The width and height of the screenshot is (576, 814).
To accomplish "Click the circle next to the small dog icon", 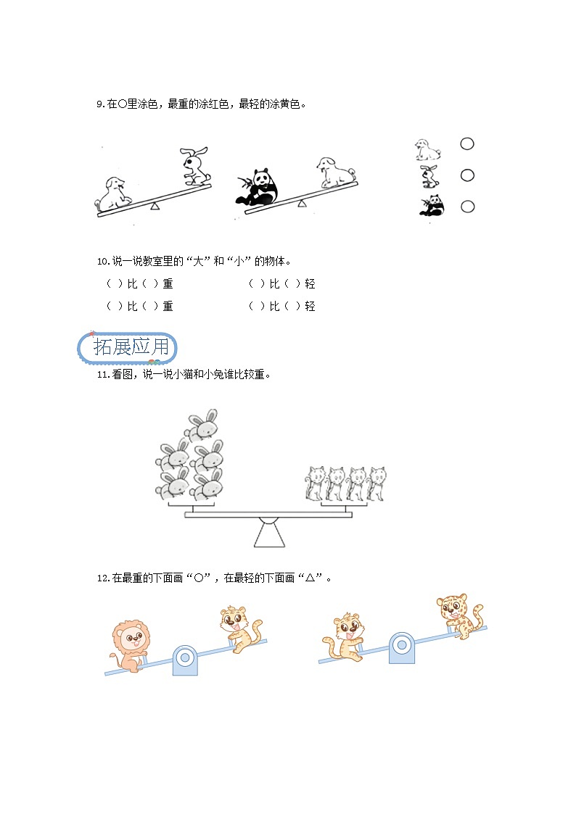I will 467,144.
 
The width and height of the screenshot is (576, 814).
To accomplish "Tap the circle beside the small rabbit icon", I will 467,175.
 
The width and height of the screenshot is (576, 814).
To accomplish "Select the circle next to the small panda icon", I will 467,207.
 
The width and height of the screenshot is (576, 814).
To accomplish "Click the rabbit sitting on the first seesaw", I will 194,166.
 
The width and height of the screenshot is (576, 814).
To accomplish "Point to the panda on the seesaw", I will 258,188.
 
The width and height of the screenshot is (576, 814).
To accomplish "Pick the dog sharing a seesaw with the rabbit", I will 113,193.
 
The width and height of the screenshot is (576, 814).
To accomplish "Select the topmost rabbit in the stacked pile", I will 202,425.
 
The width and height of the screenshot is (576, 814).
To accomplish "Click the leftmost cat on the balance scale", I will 315,483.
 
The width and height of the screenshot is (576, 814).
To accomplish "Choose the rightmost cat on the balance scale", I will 377,483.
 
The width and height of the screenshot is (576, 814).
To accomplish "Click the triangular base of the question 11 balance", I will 268,533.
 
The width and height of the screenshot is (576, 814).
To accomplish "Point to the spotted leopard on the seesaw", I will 458,615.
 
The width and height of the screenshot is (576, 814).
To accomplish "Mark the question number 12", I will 102,578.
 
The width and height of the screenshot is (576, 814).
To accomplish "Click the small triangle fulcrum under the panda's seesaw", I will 302,204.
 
